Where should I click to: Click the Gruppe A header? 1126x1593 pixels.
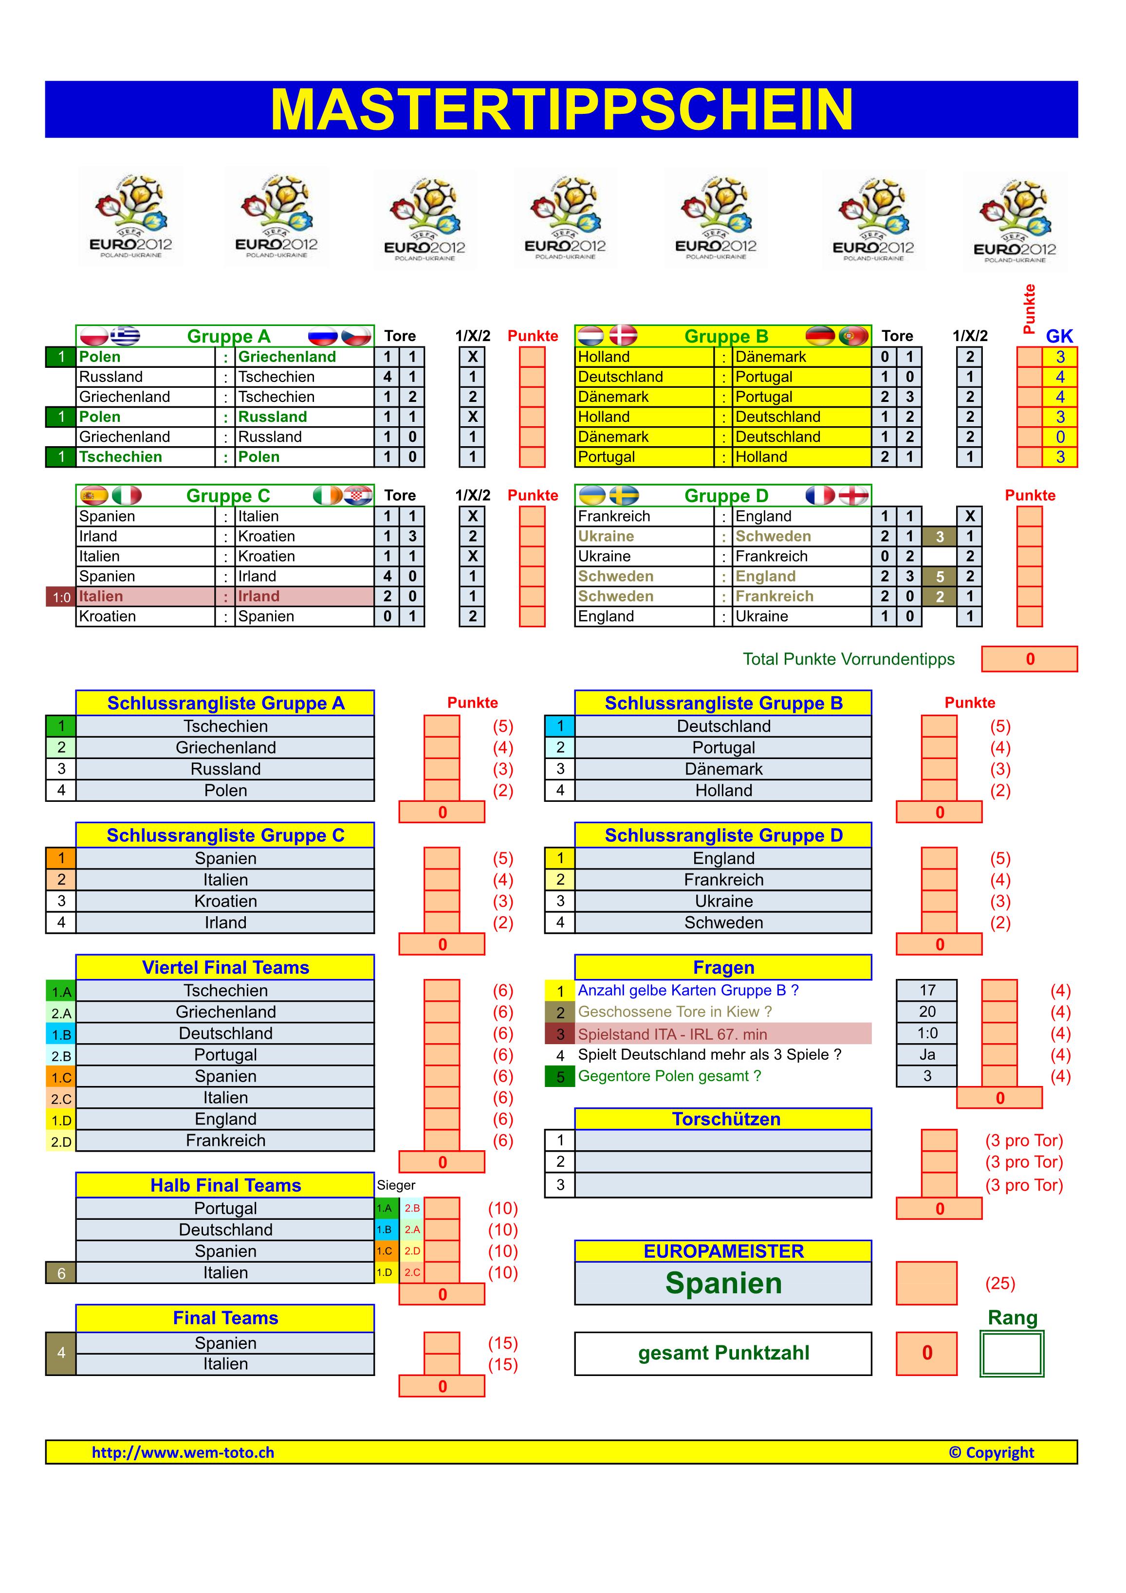pos(228,337)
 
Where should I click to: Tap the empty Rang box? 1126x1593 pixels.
pos(1012,1353)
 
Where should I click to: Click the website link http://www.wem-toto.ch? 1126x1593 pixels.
pos(183,1452)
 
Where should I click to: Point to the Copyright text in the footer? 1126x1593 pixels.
pos(991,1452)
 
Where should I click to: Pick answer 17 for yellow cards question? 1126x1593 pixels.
pos(927,990)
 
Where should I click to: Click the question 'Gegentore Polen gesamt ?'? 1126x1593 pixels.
pos(669,1076)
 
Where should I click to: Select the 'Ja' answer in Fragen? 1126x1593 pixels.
pos(927,1054)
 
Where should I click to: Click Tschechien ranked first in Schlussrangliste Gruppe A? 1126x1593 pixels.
pos(225,726)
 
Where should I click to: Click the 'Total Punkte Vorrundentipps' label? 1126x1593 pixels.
pos(849,659)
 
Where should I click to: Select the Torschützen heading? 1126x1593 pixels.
pos(725,1119)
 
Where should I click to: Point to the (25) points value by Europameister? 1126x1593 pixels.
pos(999,1284)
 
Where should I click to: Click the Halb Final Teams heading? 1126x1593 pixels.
pos(225,1185)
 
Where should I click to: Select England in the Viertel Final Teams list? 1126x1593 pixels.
pos(225,1119)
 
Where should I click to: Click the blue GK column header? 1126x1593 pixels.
pos(1059,337)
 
